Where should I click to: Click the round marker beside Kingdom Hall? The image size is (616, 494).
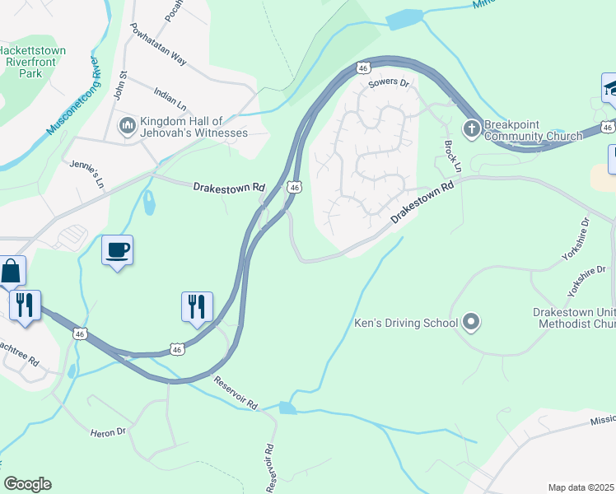(127, 126)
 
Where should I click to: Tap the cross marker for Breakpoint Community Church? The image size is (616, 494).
(471, 128)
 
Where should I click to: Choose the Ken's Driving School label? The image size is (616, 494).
(406, 323)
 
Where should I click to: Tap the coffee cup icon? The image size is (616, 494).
(118, 249)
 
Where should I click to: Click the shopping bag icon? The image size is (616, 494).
(12, 269)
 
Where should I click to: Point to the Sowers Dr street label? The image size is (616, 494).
(390, 83)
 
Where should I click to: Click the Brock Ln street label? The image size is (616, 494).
(452, 156)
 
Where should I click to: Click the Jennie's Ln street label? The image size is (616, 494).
(88, 174)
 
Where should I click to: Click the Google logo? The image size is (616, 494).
(26, 484)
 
